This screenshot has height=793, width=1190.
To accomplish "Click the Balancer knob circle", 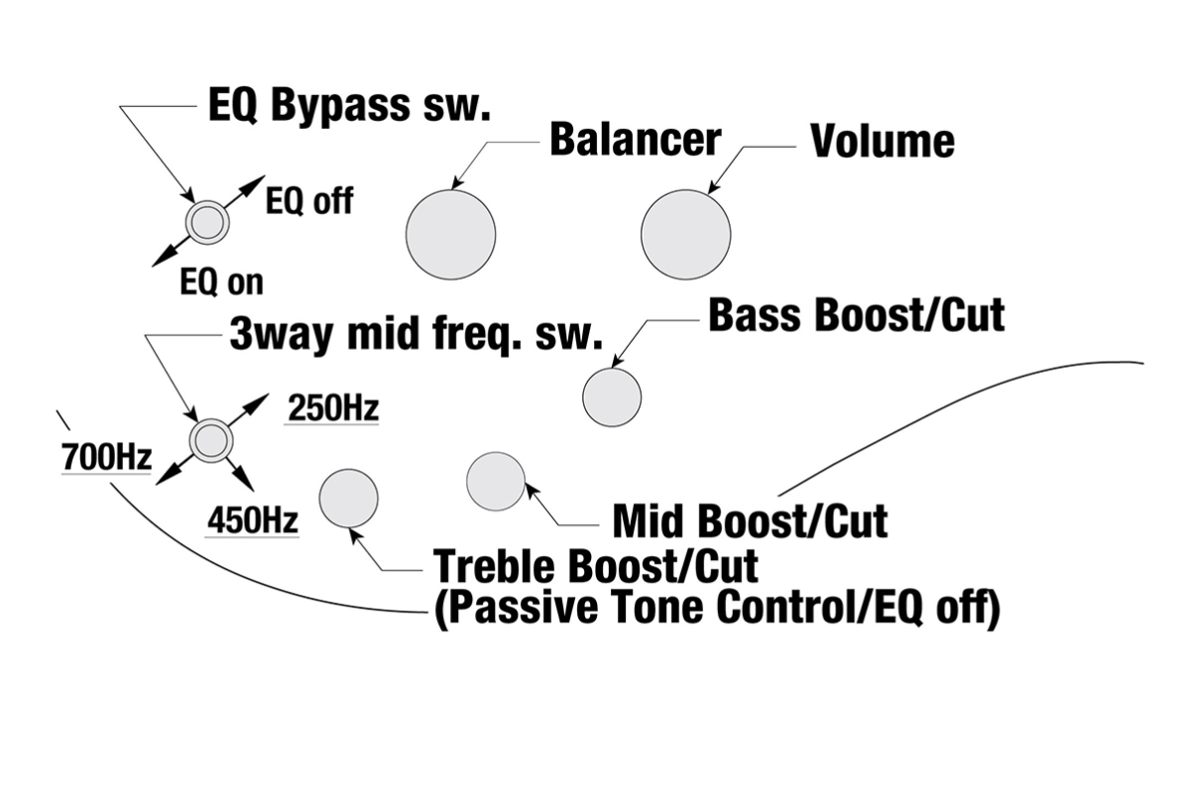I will [x=450, y=235].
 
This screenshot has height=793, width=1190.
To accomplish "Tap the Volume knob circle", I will [x=685, y=235].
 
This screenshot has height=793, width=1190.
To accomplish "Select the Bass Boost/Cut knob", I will [x=611, y=396].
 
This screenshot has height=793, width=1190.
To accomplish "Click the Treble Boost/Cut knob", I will [x=348, y=498].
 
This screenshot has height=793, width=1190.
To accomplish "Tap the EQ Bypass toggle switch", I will [x=207, y=222].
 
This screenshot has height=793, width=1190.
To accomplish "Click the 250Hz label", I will [x=332, y=407].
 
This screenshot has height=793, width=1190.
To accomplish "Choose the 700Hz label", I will [x=106, y=458].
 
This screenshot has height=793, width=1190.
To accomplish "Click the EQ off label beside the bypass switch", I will [x=309, y=202].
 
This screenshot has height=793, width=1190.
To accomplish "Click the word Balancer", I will [x=635, y=140].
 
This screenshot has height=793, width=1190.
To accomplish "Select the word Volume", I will [x=883, y=142].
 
